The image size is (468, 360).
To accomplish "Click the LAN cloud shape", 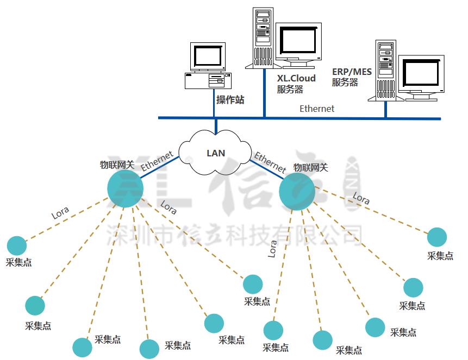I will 216,153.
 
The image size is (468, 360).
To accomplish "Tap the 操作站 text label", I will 230,99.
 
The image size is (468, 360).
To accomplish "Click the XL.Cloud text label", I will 296,78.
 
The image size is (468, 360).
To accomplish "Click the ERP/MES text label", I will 351,71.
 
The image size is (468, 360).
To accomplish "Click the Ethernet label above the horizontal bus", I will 317,109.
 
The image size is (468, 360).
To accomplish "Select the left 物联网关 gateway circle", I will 125,188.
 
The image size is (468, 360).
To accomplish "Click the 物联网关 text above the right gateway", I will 310,168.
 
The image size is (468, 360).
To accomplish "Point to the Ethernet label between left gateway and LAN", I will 157,161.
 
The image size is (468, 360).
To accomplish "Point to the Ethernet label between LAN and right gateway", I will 270,162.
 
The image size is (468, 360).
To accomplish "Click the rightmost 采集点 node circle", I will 436,237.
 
